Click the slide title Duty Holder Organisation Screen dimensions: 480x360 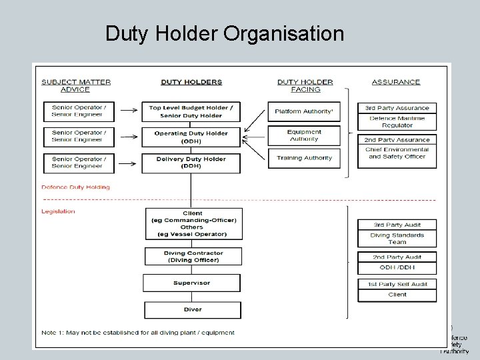click(x=225, y=33)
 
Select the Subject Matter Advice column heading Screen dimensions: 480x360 click(x=76, y=85)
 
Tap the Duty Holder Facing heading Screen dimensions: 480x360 click(x=305, y=85)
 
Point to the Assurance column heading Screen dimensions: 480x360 click(x=396, y=82)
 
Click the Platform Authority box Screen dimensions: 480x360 click(x=303, y=111)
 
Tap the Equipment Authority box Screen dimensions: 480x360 click(x=303, y=135)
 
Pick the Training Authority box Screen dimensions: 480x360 click(x=303, y=158)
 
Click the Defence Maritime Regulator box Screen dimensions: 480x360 click(x=397, y=121)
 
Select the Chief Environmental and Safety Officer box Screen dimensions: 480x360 click(x=398, y=153)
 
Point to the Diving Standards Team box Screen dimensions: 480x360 click(x=397, y=238)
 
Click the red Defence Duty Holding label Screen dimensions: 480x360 click(x=75, y=187)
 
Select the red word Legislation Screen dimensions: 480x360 click(x=58, y=211)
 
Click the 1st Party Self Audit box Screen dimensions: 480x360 click(x=397, y=284)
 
